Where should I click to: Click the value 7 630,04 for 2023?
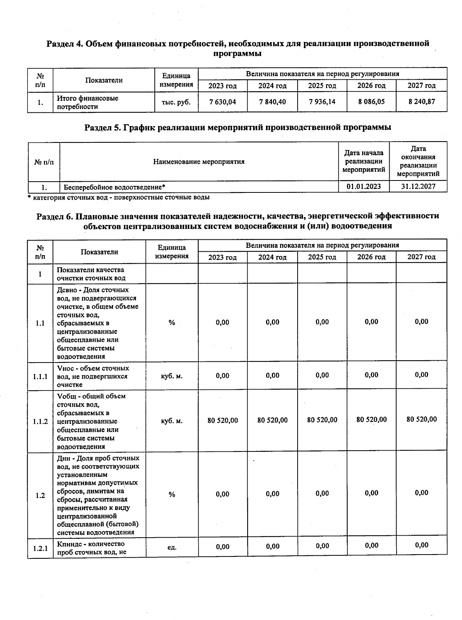pyautogui.click(x=222, y=102)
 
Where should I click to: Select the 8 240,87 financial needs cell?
pyautogui.click(x=421, y=102)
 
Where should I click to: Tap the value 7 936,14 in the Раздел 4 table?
pyautogui.click(x=322, y=102)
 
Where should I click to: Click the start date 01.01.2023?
pyautogui.click(x=363, y=187)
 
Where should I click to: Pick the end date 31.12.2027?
pyautogui.click(x=418, y=187)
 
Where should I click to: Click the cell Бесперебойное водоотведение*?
pyautogui.click(x=115, y=187)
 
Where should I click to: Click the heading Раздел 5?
pyautogui.click(x=238, y=127)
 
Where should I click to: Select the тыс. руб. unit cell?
pyautogui.click(x=176, y=102)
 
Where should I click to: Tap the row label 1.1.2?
pyautogui.click(x=40, y=421)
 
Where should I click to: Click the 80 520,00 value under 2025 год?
pyautogui.click(x=322, y=420)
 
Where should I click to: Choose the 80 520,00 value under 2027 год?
pyautogui.click(x=421, y=419)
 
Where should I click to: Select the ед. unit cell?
pyautogui.click(x=172, y=547)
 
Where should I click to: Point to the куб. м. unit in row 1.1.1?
pyautogui.click(x=172, y=376)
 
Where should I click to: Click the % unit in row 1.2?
pyautogui.click(x=172, y=495)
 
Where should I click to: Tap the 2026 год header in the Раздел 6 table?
pyautogui.click(x=371, y=257)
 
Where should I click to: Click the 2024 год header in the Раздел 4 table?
pyautogui.click(x=272, y=85)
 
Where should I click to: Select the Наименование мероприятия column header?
pyautogui.click(x=199, y=162)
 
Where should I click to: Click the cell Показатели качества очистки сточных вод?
pyautogui.click(x=91, y=274)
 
